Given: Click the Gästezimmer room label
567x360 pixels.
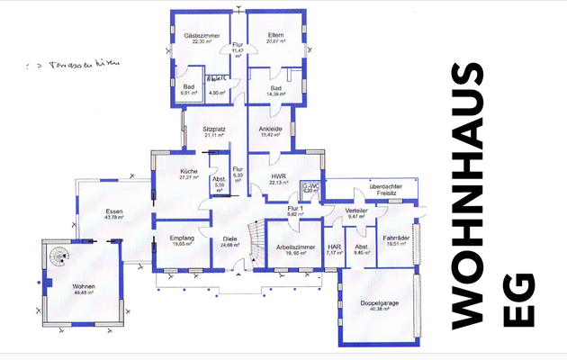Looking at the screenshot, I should tap(197, 35).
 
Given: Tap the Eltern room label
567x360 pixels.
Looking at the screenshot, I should tap(275, 35).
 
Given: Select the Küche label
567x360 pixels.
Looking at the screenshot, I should tap(188, 170).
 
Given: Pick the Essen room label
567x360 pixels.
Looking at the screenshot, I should tap(113, 211).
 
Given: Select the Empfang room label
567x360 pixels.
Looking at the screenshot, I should tap(182, 238).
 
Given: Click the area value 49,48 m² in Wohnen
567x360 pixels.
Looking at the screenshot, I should tap(84, 293).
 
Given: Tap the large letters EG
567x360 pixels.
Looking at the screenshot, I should tap(521, 309).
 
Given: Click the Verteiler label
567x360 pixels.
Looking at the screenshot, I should tap(357, 210).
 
